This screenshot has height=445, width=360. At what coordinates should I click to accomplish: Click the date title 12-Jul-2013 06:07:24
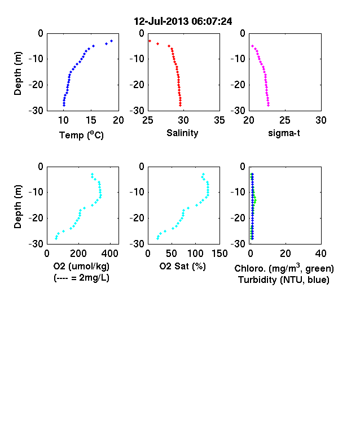183,21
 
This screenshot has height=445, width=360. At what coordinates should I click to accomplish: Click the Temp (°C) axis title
81,135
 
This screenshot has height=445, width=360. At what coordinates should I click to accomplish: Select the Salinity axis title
182,133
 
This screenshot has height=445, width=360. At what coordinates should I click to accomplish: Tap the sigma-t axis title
284,133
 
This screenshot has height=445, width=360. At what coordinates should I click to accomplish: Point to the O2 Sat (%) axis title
182,266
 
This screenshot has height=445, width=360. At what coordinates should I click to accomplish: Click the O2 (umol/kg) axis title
81,266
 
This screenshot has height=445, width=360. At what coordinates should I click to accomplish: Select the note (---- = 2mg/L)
81,277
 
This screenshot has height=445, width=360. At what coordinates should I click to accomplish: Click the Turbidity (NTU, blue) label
283,280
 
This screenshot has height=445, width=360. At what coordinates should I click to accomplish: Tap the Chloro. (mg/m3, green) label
284,268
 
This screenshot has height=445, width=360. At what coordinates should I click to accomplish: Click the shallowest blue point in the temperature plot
111,41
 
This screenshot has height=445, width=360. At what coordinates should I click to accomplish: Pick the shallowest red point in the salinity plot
150,41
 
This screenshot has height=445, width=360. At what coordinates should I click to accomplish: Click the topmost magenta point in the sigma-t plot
252,46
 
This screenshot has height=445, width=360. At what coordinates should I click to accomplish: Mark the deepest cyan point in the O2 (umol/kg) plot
56,239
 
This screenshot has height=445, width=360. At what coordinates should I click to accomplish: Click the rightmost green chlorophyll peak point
256,200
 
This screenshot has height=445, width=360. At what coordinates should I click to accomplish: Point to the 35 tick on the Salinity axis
219,120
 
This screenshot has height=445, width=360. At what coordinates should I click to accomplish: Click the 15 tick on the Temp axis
91,120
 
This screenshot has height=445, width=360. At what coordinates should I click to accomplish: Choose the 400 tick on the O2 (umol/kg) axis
110,254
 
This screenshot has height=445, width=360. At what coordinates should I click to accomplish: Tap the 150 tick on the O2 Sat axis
219,254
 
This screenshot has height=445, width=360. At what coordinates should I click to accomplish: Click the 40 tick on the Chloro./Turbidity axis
321,254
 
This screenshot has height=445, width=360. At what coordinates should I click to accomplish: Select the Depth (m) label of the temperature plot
17,73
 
